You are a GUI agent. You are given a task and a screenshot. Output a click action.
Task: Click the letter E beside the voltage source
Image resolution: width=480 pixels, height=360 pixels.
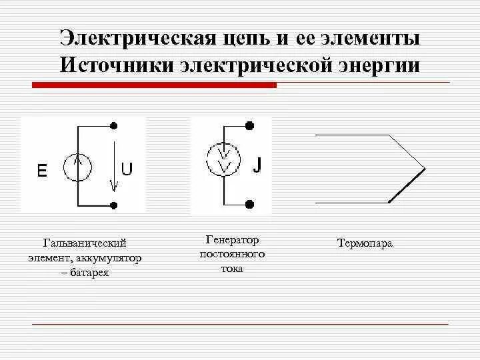coord(42,171)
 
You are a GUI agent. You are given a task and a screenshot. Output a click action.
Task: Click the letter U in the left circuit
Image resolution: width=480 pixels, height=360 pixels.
coord(126,169)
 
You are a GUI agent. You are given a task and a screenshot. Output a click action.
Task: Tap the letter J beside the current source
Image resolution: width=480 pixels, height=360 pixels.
coord(256,165)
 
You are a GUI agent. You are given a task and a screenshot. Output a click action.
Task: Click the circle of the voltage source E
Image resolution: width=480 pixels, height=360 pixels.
coord(78,167)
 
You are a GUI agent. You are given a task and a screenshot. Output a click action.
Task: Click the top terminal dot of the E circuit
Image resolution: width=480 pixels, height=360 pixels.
coord(115,125)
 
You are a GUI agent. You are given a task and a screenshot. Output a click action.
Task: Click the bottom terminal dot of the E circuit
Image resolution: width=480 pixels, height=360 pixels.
coord(115,205)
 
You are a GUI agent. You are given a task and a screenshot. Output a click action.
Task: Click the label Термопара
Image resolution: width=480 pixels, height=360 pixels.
coord(365,244)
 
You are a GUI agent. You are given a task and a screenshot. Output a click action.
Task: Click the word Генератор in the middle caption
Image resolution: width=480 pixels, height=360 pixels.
coord(232,240)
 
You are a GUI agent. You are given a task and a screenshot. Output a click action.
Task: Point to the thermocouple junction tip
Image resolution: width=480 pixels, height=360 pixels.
coord(424,166)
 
